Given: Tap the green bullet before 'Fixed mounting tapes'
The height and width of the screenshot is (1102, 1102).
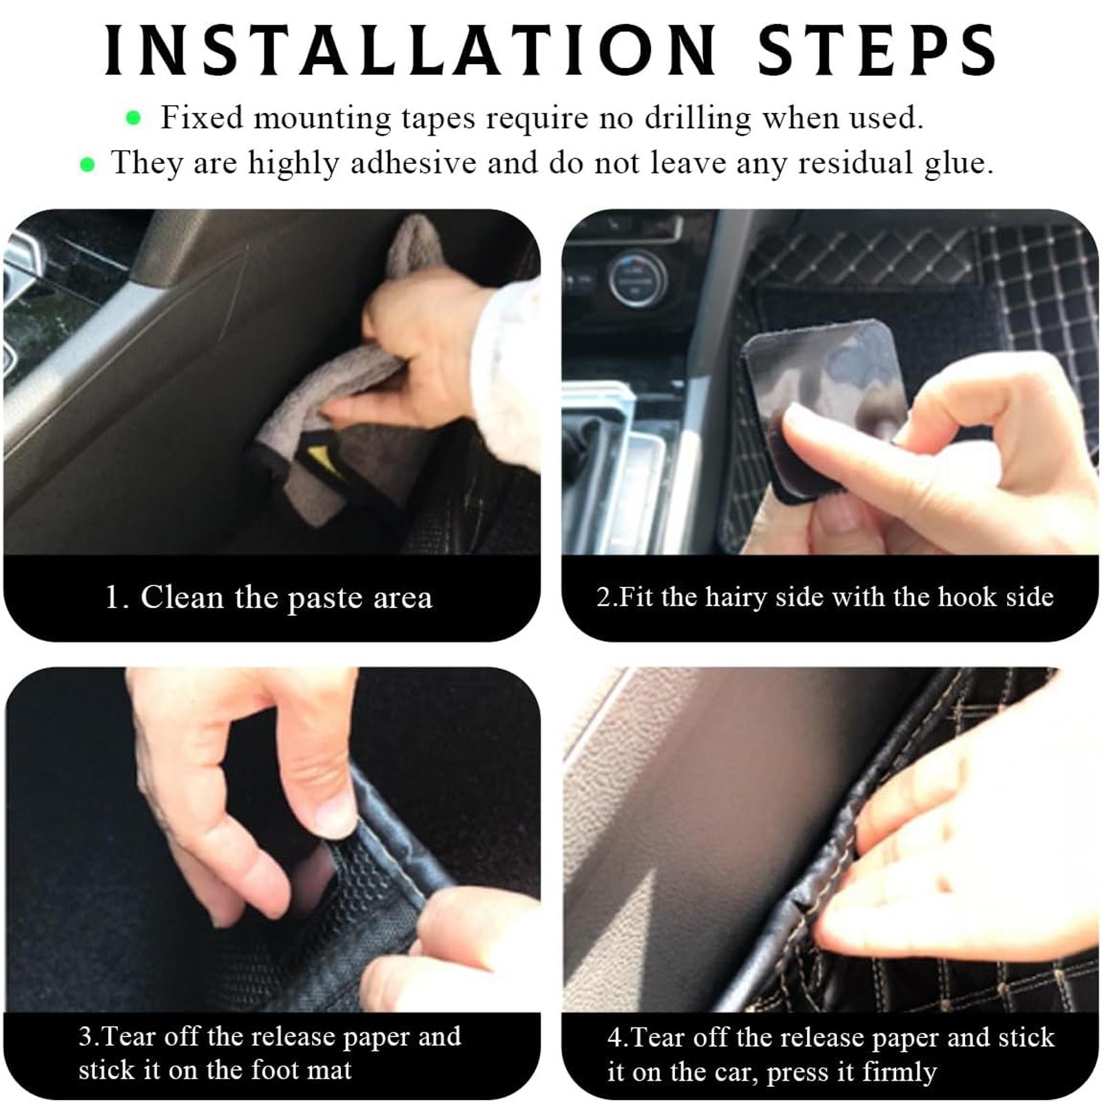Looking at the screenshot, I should click(x=134, y=119).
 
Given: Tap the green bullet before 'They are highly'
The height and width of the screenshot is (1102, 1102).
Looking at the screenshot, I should click(x=87, y=165).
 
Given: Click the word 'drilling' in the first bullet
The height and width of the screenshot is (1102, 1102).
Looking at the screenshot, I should click(x=697, y=118).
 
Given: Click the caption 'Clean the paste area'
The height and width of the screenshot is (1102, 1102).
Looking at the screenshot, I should click(x=286, y=597).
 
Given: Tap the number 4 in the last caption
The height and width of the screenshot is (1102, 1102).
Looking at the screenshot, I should click(x=614, y=1037).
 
